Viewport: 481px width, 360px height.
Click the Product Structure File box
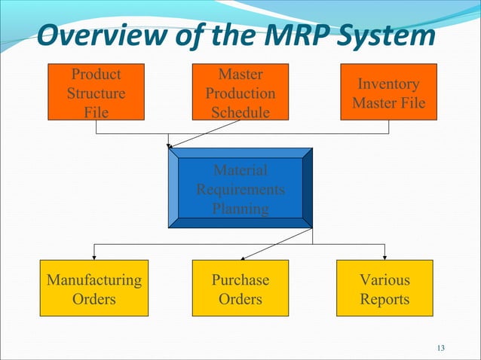pos(96,93)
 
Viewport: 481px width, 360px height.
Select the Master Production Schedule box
pos(240,93)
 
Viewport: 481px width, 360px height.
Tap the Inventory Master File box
pos(388,93)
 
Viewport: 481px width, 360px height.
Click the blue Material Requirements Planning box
pos(240,188)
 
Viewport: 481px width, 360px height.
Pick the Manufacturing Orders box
pos(94,289)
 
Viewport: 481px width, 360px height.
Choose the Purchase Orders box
pos(240,289)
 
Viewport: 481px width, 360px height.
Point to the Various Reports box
pos(384,289)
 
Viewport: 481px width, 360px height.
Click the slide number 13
pos(441,347)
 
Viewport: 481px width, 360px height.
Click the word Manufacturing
pos(94,280)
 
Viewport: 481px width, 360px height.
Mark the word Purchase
pos(240,280)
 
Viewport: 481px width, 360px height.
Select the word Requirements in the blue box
pos(240,188)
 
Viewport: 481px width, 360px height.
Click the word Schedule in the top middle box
pos(240,112)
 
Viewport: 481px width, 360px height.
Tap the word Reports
pos(384,299)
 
